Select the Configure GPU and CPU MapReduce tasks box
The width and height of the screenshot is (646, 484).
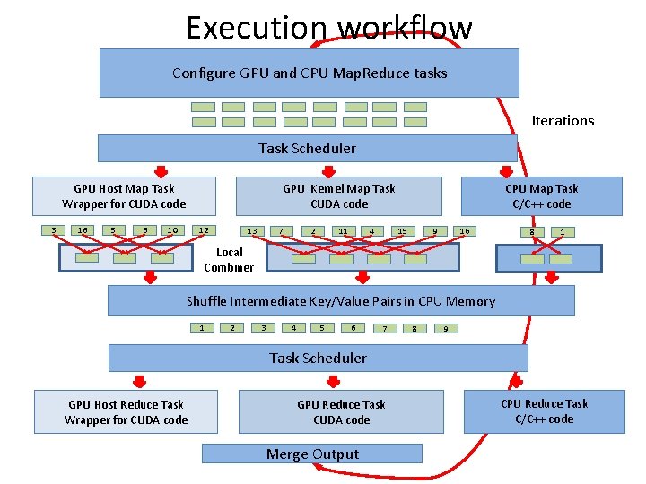(x=309, y=73)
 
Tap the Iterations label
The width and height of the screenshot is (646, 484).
(x=563, y=120)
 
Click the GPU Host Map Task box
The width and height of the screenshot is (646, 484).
(x=124, y=196)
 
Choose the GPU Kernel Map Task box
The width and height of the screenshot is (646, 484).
(x=338, y=196)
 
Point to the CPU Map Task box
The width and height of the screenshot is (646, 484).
(x=541, y=196)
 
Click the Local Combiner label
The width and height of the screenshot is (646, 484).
(x=229, y=260)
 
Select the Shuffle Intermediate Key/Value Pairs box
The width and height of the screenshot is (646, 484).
(x=341, y=301)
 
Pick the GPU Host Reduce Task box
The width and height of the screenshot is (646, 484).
(x=126, y=412)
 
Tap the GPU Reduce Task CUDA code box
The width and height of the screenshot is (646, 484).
(x=341, y=412)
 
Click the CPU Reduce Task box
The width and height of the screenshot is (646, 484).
(x=544, y=411)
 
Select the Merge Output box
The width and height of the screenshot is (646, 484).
(x=311, y=454)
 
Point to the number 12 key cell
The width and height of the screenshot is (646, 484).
(x=204, y=230)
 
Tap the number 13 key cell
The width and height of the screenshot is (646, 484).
(x=252, y=231)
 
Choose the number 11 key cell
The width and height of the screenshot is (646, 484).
(x=343, y=231)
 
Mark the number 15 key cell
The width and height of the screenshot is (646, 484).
(x=402, y=231)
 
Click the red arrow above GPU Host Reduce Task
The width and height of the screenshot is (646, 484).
(x=140, y=380)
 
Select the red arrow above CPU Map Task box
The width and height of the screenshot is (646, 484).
(x=507, y=171)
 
